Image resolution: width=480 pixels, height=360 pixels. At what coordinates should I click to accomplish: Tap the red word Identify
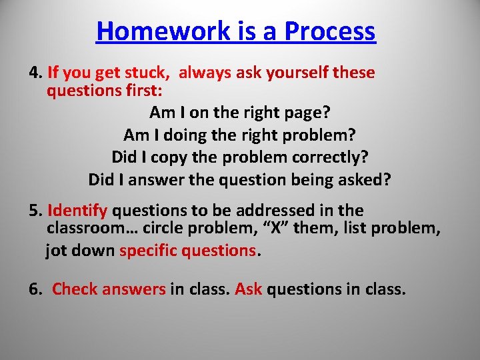coord(77,211)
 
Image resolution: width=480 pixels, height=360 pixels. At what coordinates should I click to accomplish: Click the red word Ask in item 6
coord(249,289)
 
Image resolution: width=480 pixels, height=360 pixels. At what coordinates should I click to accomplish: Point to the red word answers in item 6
coord(133,289)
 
